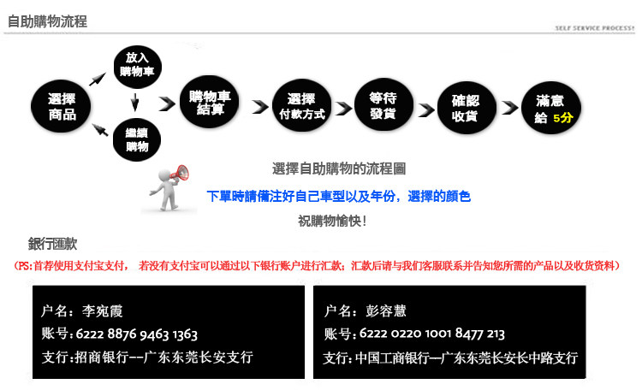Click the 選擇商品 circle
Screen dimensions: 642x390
pos(61,106)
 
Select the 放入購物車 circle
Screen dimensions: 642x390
pos(137,67)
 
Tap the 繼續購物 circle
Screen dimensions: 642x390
pos(137,139)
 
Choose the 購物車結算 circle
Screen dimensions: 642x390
pos(210,102)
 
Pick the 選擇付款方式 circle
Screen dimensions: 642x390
pos(302,105)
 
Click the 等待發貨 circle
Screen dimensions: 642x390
pos(383,104)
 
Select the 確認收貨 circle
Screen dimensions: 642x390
pos(466,108)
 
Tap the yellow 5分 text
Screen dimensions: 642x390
pos(563,118)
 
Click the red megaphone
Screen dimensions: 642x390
pos(180,173)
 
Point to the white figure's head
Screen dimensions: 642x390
pos(164,174)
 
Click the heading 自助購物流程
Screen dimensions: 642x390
pos(47,21)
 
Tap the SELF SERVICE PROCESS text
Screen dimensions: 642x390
pos(595,28)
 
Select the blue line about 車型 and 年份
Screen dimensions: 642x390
pos(339,197)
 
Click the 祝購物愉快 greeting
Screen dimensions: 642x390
pos(332,221)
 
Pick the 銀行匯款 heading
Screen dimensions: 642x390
pos(52,244)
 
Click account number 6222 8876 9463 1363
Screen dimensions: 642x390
pos(137,334)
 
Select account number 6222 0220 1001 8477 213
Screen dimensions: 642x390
pos(432,334)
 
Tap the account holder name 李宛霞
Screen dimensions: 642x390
pos(103,311)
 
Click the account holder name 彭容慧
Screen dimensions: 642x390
pos(386,311)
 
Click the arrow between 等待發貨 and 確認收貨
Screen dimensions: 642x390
pos(426,109)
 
